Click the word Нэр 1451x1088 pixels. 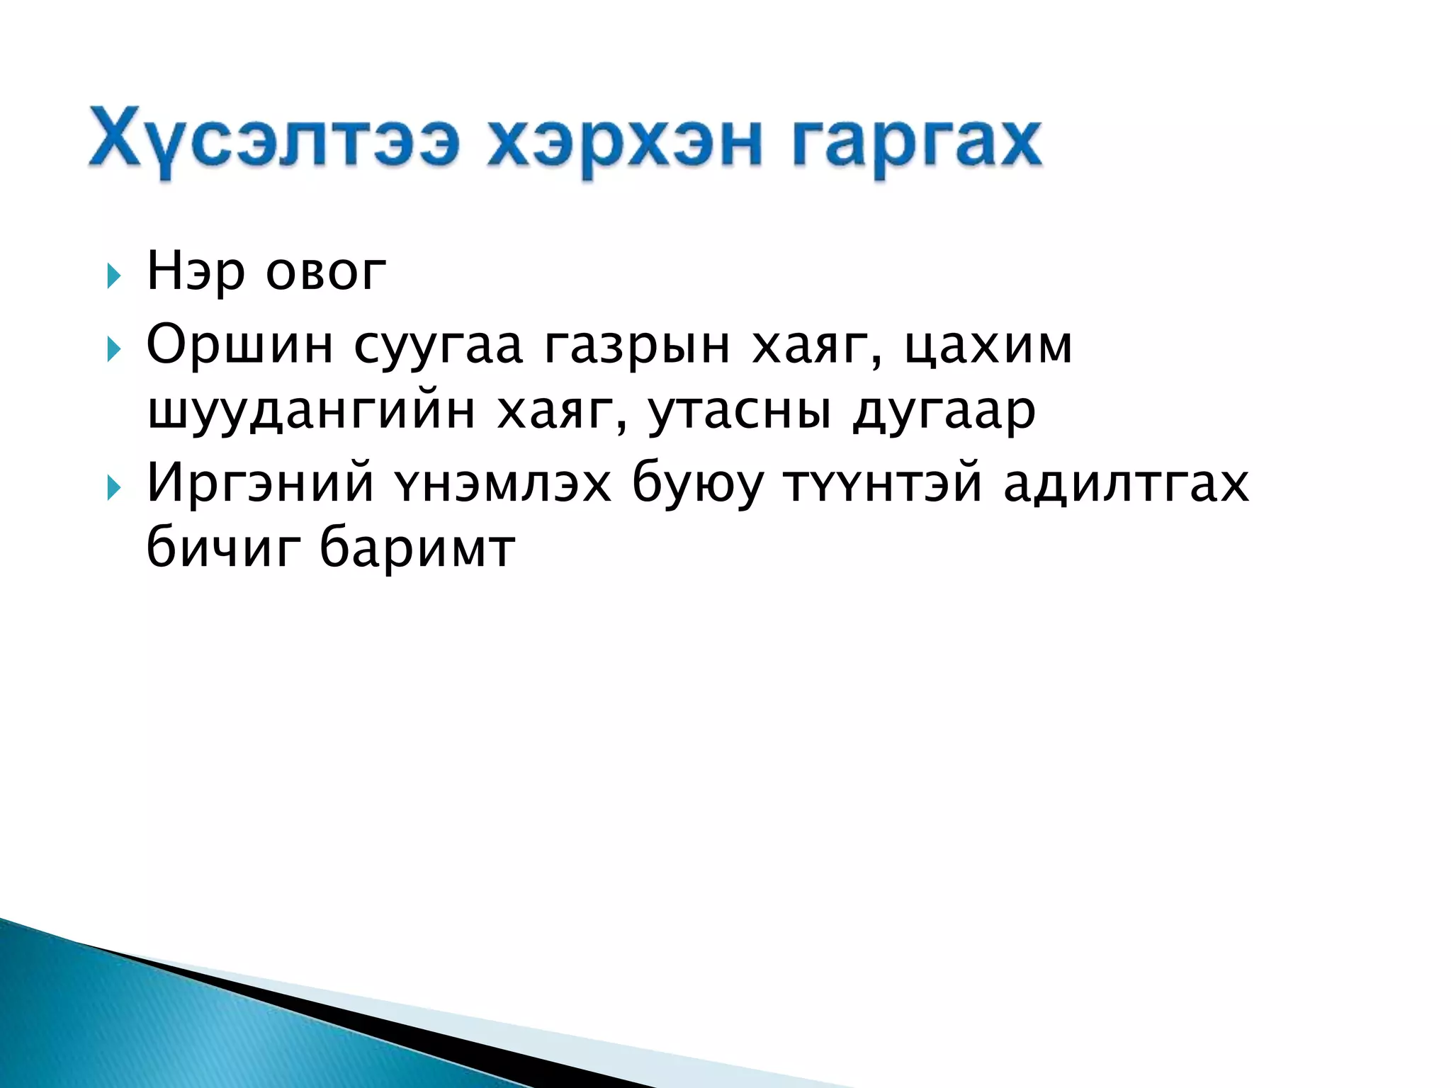[x=196, y=273]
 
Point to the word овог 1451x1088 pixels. [x=326, y=273]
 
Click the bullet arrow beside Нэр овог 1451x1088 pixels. [x=113, y=276]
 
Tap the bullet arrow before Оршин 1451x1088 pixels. [x=113, y=348]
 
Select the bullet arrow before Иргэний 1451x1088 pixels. [x=113, y=487]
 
